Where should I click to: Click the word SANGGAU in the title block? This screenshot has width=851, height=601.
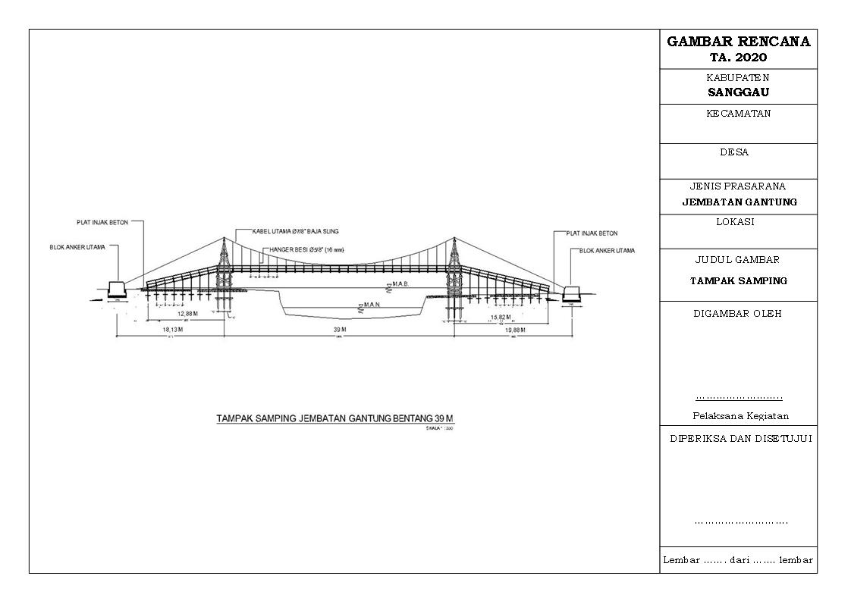coord(738,92)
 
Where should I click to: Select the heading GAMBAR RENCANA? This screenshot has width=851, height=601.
coord(738,42)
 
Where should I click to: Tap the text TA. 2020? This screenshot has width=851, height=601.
coord(738,58)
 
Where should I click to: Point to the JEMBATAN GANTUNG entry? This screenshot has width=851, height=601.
coord(738,202)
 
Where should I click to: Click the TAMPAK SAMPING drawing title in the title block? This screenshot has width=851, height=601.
coord(738,280)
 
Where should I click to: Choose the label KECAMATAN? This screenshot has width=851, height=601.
coord(738,114)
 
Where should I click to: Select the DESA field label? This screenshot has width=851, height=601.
coord(733,152)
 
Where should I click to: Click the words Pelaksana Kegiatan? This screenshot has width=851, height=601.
coord(740,415)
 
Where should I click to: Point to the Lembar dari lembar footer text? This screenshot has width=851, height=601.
coord(738,560)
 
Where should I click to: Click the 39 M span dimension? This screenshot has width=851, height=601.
coord(339,330)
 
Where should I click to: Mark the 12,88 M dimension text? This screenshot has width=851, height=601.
coord(187,314)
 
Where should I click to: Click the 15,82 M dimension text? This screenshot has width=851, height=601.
coord(501,318)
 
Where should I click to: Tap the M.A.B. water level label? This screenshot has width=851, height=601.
coord(400,284)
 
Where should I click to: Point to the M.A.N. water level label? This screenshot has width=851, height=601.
coord(372,305)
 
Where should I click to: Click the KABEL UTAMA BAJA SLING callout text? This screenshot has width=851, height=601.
coord(287,230)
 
